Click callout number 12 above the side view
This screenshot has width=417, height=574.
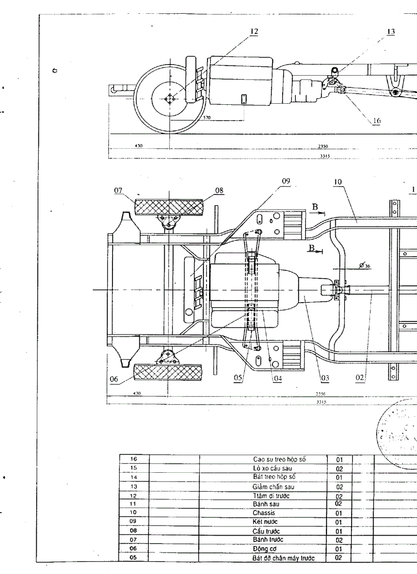pos(253,31)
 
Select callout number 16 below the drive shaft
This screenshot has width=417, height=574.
pos(377,121)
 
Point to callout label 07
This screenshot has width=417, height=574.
pos(119,190)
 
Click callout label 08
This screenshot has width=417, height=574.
pos(219,190)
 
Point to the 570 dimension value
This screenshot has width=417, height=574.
pos(206,118)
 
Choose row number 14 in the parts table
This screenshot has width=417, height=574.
pos(134,477)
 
